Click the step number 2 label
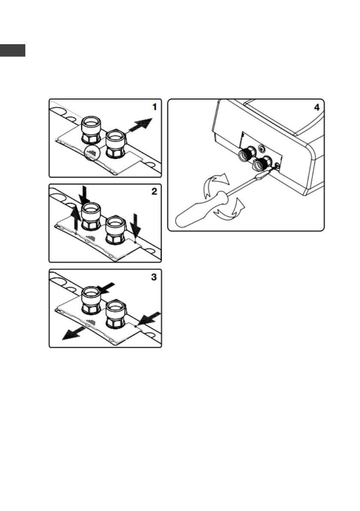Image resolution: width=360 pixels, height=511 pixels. coord(154,191)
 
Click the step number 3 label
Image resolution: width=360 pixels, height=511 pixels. coord(154,277)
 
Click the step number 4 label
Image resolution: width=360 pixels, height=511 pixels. coord(317,107)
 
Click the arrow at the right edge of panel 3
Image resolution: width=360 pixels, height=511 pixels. coord(150,318)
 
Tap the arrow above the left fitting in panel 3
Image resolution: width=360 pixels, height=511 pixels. coord(105,286)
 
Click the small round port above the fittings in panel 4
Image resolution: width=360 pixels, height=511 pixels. coord(262,149)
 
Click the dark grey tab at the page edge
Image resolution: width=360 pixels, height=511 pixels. coord(12,50)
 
